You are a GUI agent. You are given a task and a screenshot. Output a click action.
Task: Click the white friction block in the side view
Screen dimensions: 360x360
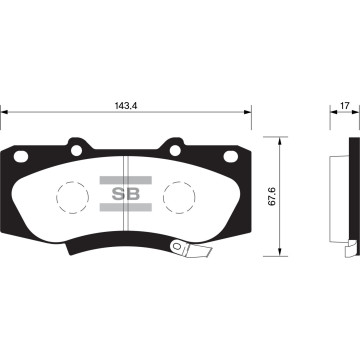338,195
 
